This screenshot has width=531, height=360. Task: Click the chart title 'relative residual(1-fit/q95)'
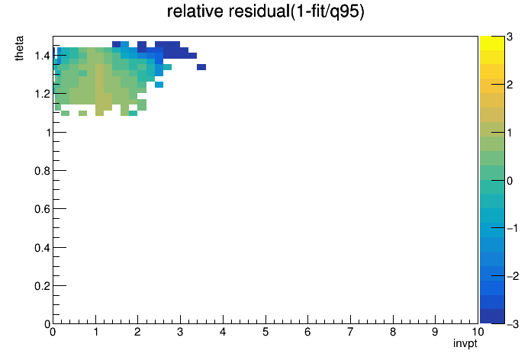pos(265,11)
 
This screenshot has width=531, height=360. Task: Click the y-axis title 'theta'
pos(19,48)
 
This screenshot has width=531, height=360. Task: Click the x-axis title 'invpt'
pos(465,343)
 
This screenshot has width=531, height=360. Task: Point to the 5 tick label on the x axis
pos(265,332)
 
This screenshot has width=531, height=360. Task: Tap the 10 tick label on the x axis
pos(478,332)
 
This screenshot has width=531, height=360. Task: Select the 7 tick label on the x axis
pos(350,332)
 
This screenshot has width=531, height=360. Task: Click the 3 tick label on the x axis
pos(180,332)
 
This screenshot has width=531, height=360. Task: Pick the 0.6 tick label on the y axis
pos(42,209)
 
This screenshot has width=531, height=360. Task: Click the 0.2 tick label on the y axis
pos(42,286)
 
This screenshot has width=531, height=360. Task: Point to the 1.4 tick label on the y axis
pos(42,56)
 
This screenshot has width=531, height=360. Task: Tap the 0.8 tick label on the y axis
pos(42,171)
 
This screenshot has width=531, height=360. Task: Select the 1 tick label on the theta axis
pos(48,133)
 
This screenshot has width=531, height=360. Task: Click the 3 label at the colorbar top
pos(510,37)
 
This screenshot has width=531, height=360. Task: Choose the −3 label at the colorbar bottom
pos(513,324)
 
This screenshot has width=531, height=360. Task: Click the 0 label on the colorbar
pos(510,181)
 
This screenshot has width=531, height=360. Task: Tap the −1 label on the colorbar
pos(513,228)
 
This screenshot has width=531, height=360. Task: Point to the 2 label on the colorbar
pos(510,85)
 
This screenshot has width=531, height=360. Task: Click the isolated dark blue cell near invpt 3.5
pos(201,67)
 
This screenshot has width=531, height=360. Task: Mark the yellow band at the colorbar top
pos(492,43)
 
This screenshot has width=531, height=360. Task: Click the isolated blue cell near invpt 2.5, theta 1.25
pos(159,85)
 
